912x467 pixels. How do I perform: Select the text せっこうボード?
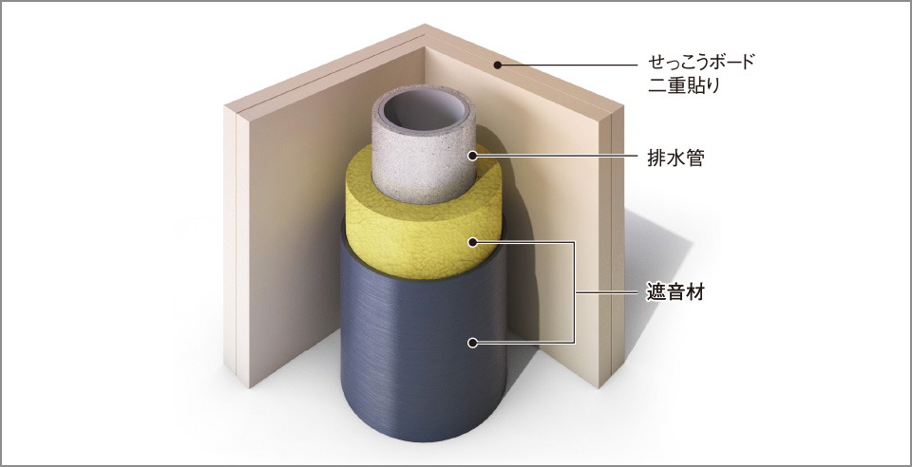point(701,62)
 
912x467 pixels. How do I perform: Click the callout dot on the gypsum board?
point(498,65)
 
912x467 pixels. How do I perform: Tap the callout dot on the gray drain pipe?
point(473,155)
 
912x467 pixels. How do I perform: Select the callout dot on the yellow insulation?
point(473,242)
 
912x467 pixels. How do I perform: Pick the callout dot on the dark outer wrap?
point(473,343)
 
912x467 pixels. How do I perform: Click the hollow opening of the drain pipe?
point(424,110)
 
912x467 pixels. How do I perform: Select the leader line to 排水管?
point(556,155)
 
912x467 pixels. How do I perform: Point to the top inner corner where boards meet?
point(424,47)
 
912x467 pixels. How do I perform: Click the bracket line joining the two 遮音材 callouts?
point(575,292)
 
